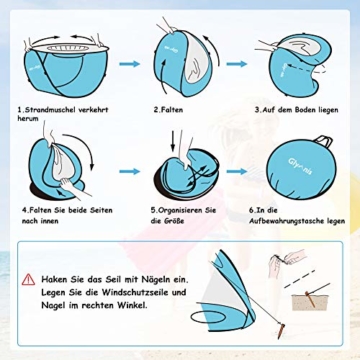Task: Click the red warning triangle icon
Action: point(28,279)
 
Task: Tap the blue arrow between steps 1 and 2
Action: point(129,64)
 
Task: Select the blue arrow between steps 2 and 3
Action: point(237,64)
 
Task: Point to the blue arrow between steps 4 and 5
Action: point(129,171)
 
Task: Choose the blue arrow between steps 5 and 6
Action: point(237,171)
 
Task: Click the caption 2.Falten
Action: point(168,110)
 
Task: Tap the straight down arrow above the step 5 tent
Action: point(172,141)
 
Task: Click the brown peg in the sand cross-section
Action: point(310,299)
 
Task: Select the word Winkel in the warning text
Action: point(133,305)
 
